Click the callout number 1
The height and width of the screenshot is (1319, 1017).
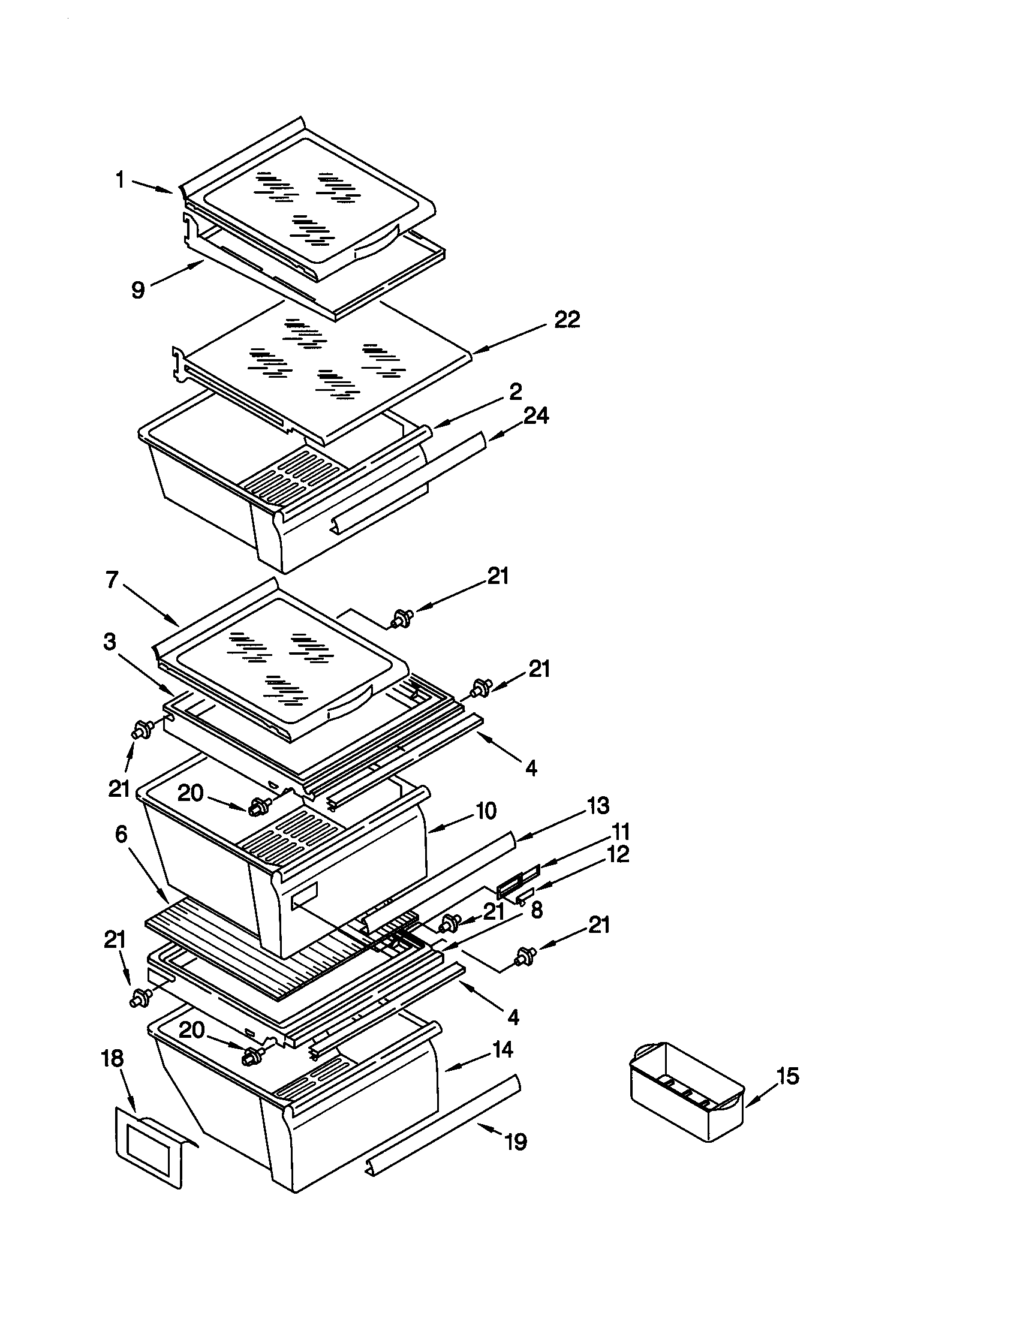[x=120, y=180]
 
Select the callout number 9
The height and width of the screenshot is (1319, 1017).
[x=139, y=291]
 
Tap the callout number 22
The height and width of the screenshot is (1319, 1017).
[x=567, y=320]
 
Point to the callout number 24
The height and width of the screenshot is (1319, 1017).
[x=535, y=415]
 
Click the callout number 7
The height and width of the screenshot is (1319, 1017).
[x=112, y=580]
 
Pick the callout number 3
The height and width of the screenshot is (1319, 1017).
[x=109, y=642]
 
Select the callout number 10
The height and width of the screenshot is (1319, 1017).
[x=486, y=811]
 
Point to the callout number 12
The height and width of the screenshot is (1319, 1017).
[x=616, y=854]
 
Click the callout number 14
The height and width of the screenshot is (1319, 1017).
[x=501, y=1049]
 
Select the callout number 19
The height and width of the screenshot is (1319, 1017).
[x=515, y=1142]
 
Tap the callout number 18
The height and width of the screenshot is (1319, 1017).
[x=113, y=1058]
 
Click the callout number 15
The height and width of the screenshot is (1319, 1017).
[x=787, y=1075]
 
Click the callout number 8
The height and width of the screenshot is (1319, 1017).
[x=536, y=909]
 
